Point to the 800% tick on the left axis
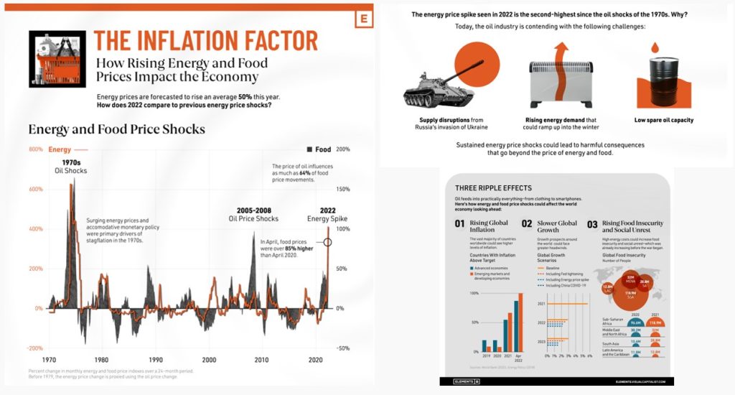(36, 149)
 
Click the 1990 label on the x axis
(155, 359)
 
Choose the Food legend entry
(319, 149)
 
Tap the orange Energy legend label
(60, 149)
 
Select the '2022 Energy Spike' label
(327, 214)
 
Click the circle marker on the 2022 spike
(328, 242)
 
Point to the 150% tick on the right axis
(343, 189)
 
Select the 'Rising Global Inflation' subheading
(488, 226)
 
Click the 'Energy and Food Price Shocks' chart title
(116, 129)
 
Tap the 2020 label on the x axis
(315, 359)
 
